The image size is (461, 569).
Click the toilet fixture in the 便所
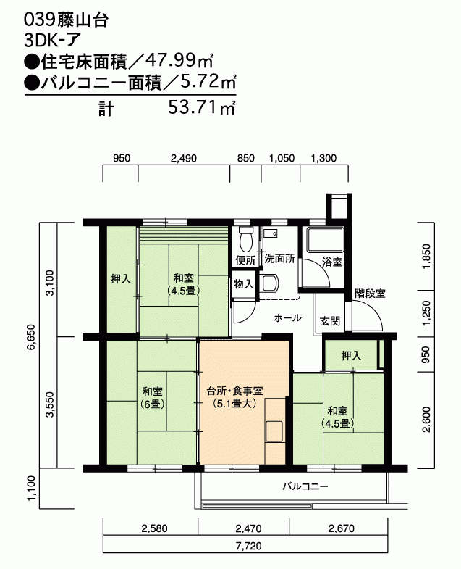(246, 239)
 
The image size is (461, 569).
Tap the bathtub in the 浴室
(325, 240)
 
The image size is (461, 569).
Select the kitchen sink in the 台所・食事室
(274, 431)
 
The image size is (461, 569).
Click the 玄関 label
(330, 321)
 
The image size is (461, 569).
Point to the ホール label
(287, 318)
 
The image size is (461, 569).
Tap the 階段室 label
(370, 294)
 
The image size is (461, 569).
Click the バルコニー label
(305, 486)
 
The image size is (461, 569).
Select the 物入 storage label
(244, 283)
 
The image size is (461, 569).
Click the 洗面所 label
(279, 259)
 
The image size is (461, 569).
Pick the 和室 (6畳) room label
(153, 397)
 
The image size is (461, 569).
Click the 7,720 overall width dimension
(248, 546)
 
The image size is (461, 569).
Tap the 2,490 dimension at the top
(184, 158)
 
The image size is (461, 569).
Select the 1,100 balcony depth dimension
(31, 488)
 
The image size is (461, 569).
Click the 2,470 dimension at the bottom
(248, 528)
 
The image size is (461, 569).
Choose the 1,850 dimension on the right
(426, 256)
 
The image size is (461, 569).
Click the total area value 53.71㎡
(202, 107)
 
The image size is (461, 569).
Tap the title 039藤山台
(66, 20)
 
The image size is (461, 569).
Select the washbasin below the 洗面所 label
(270, 283)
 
